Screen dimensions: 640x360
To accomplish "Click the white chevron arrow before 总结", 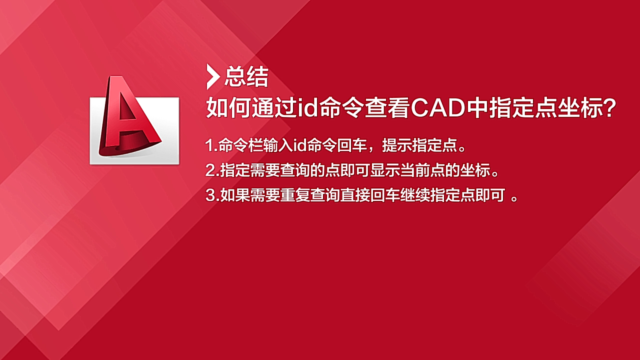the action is pos(213,77).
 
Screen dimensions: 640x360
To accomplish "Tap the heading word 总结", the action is pos(246,76).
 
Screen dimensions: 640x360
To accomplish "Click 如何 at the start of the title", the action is pos(228,108).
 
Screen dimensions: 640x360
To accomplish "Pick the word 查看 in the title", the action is pos(387,108).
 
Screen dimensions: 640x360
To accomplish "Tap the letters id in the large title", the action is pos(308,108).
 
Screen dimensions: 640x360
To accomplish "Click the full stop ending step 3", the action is pos(514,199).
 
